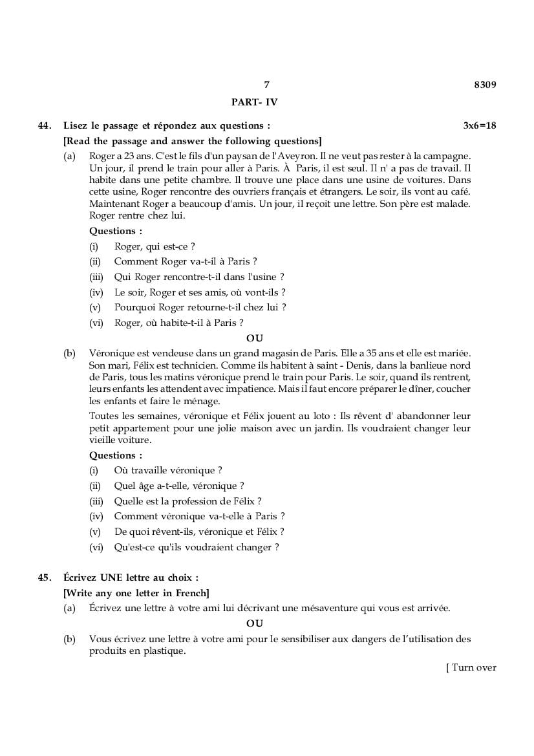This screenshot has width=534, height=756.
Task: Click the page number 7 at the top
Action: (266, 85)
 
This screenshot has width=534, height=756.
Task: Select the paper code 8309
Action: (485, 85)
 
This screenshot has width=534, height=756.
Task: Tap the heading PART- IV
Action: (254, 102)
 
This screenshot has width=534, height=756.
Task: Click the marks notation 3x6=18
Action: (480, 125)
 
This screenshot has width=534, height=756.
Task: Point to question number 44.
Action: (45, 125)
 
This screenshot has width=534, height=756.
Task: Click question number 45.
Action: (45, 578)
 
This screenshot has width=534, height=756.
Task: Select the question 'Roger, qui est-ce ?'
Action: (155, 246)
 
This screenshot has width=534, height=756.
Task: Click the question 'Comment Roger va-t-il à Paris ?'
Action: (186, 261)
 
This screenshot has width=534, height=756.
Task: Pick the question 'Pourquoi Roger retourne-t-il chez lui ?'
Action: (200, 307)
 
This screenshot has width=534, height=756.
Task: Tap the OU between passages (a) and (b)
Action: (255, 338)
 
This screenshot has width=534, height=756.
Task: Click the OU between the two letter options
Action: (255, 623)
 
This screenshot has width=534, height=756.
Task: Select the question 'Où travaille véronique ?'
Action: (168, 470)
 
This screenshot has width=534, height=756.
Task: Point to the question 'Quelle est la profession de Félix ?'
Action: (187, 501)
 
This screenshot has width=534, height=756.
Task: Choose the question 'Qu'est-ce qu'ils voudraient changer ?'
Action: (197, 547)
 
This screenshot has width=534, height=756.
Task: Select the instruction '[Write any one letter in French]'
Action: (136, 593)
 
